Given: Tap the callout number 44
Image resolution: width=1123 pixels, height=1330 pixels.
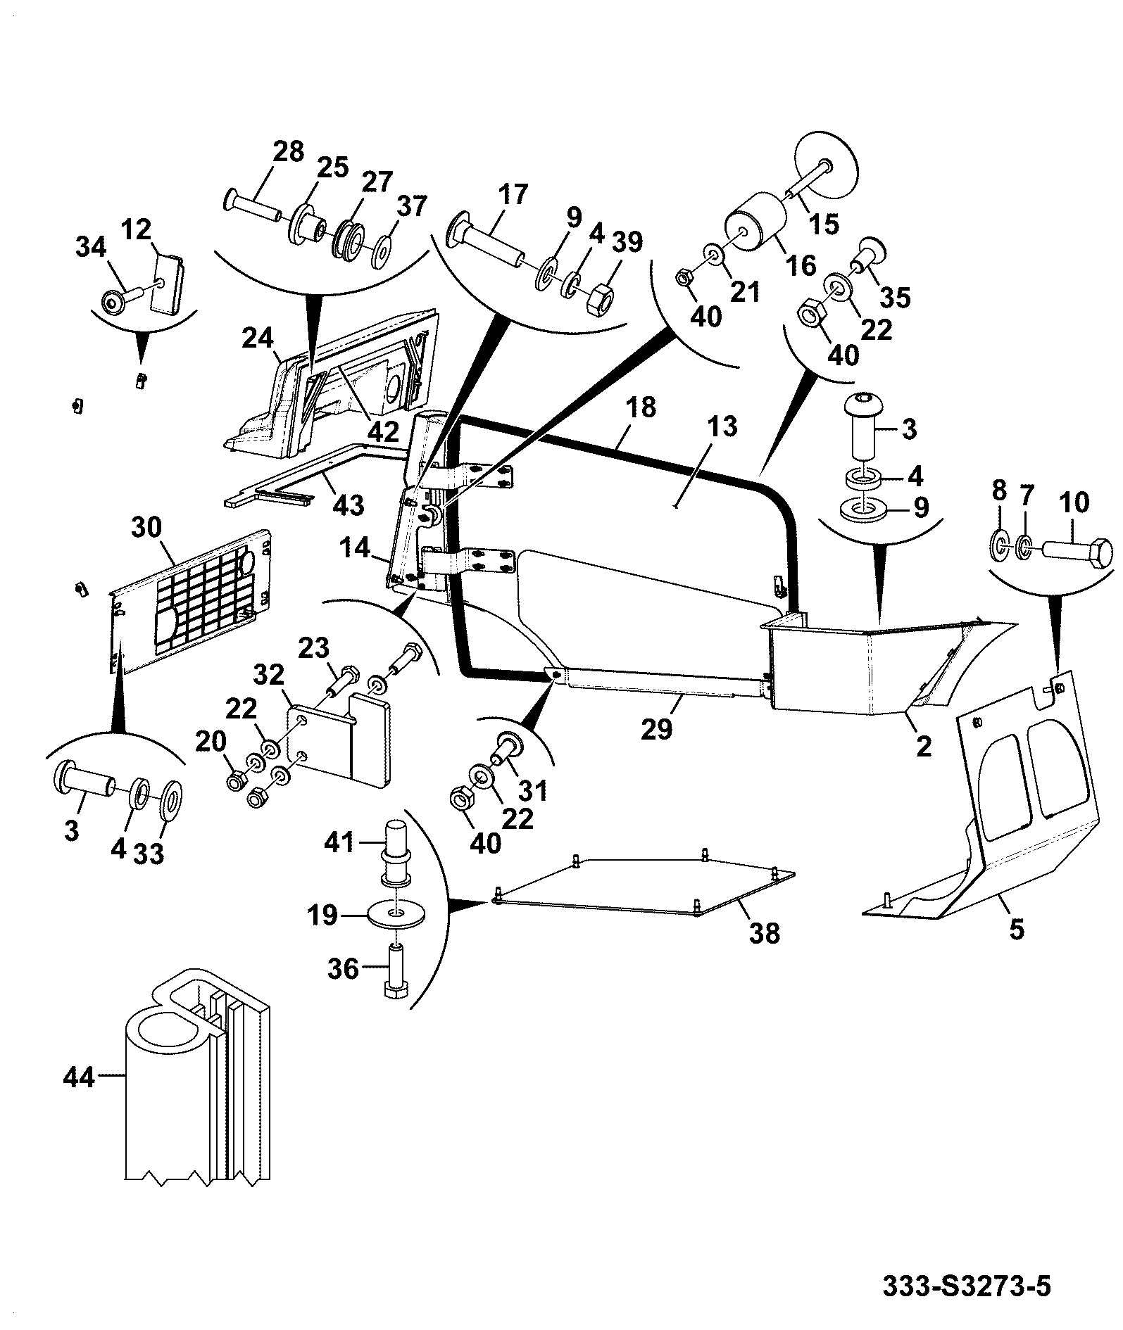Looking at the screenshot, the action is click(x=78, y=1096).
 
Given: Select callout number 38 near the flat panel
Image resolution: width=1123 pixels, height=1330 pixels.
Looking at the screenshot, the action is click(x=765, y=933).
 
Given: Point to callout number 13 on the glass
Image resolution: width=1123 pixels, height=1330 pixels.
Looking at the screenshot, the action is click(x=722, y=426).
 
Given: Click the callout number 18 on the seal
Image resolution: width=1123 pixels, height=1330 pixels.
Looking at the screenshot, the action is click(x=640, y=407).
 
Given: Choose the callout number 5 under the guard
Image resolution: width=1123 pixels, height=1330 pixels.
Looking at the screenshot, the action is click(x=1016, y=929).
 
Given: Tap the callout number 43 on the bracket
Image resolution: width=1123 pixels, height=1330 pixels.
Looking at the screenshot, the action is click(x=349, y=504).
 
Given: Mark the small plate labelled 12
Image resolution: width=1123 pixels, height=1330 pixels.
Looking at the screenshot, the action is click(x=169, y=281).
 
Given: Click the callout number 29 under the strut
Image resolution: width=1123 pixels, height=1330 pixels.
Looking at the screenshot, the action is click(x=658, y=728).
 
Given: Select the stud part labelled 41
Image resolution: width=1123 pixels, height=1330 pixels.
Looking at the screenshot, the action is click(x=397, y=851).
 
